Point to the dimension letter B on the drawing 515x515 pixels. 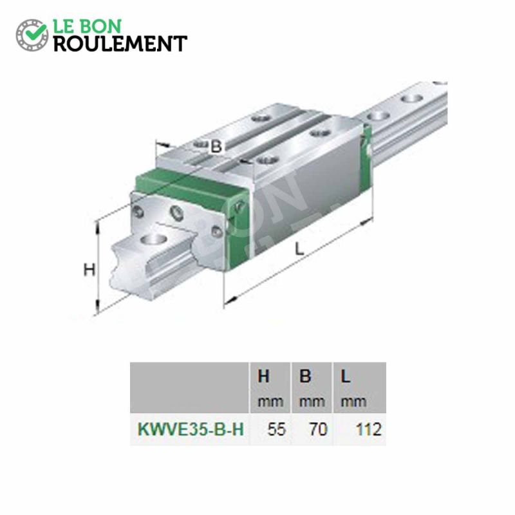(217, 147)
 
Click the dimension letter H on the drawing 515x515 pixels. (89, 270)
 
